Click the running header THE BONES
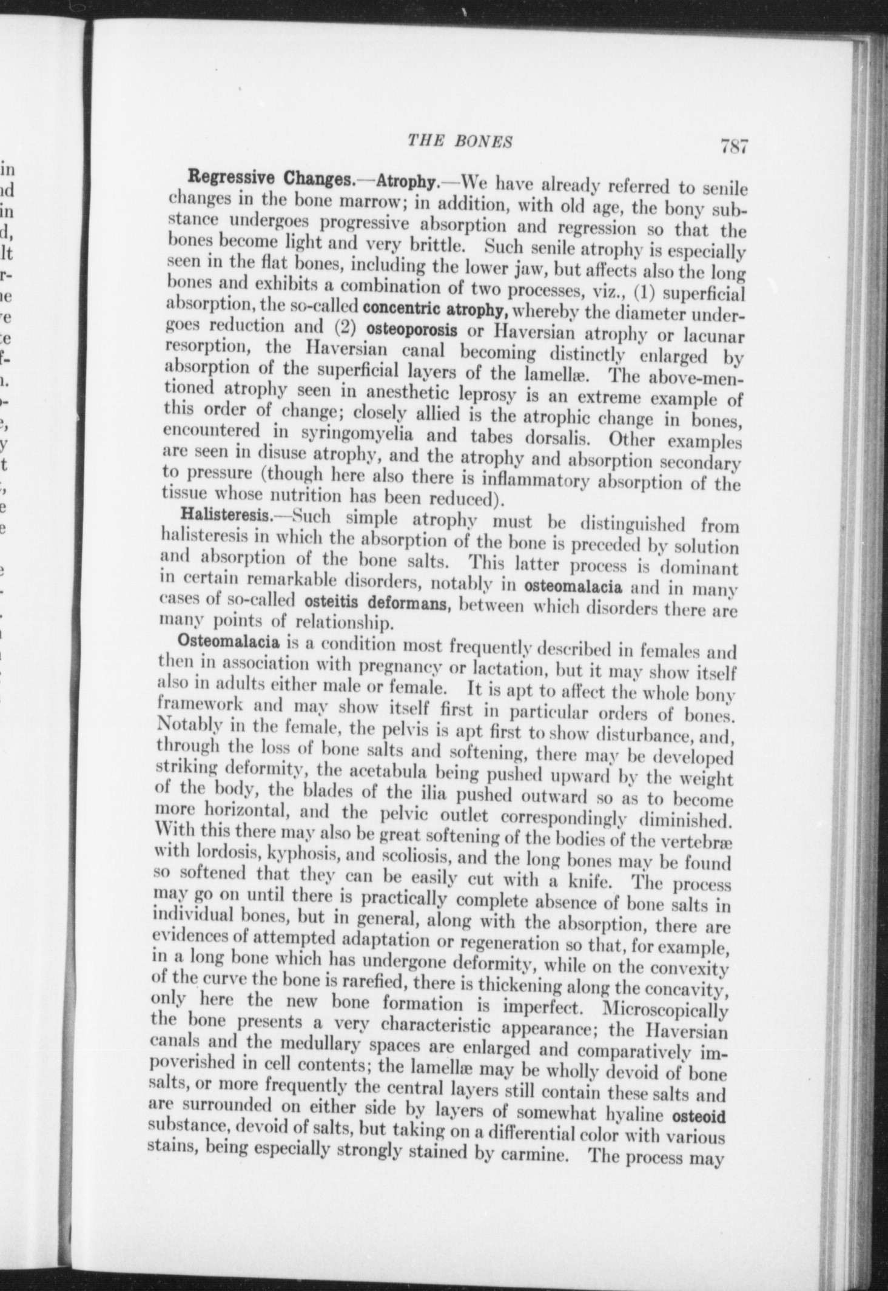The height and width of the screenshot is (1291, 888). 460,141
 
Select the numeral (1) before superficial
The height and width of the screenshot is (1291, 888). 644,292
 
